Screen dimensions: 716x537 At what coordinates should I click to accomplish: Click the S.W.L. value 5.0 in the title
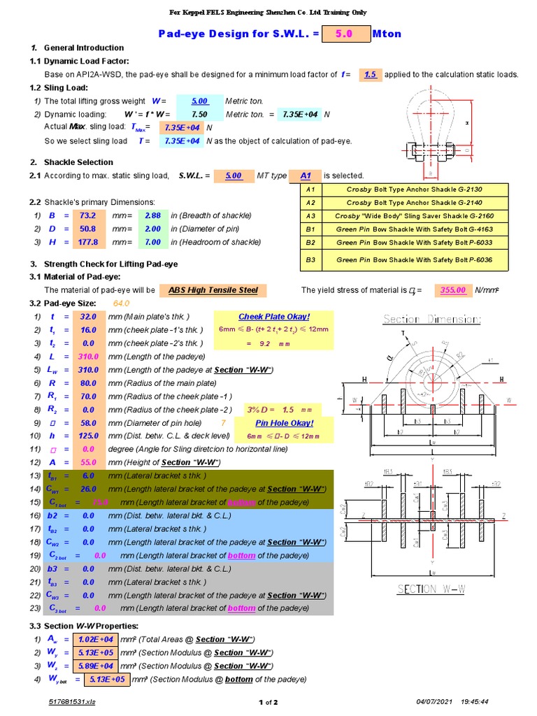coord(345,34)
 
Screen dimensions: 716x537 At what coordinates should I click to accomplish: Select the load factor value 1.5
coord(370,74)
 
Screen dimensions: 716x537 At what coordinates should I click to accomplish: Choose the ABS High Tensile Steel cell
coord(213,290)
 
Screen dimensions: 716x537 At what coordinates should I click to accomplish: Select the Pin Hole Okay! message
coord(284,423)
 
